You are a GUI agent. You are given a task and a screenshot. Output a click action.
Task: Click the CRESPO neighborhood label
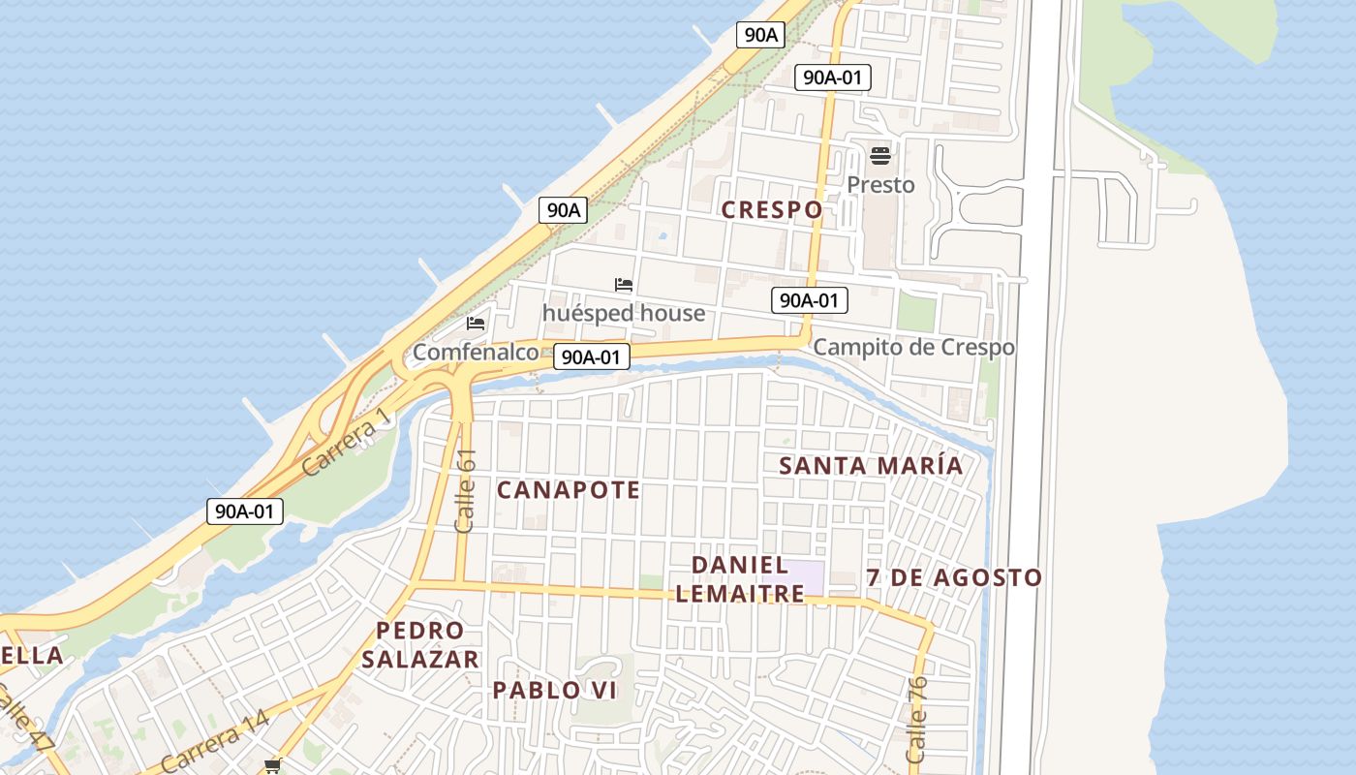tap(772, 209)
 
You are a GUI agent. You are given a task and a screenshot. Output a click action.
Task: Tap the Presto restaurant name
tap(880, 184)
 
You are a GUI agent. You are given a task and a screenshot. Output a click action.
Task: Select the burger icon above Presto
tap(880, 155)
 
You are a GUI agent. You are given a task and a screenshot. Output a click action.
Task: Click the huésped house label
tap(624, 313)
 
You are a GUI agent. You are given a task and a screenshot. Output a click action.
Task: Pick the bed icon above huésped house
tap(624, 285)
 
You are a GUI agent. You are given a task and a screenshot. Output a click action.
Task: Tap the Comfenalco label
tap(476, 352)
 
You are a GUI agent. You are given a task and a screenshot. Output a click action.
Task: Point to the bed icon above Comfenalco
tap(476, 324)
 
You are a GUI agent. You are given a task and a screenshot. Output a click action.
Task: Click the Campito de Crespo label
tap(913, 347)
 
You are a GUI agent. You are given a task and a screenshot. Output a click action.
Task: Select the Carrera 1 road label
tap(345, 442)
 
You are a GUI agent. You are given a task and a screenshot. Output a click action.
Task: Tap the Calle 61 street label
tap(466, 490)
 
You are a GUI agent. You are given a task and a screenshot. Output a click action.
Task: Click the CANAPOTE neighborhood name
tap(569, 490)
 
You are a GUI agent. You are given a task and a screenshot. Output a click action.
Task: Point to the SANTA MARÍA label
tap(871, 465)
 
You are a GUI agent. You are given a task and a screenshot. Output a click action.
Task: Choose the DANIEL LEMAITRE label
tap(740, 579)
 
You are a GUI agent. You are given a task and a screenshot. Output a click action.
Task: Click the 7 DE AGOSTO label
tap(954, 578)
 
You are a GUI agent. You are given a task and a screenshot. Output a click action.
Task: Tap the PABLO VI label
tap(555, 690)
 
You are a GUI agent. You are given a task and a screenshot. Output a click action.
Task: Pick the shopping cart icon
tap(273, 766)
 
